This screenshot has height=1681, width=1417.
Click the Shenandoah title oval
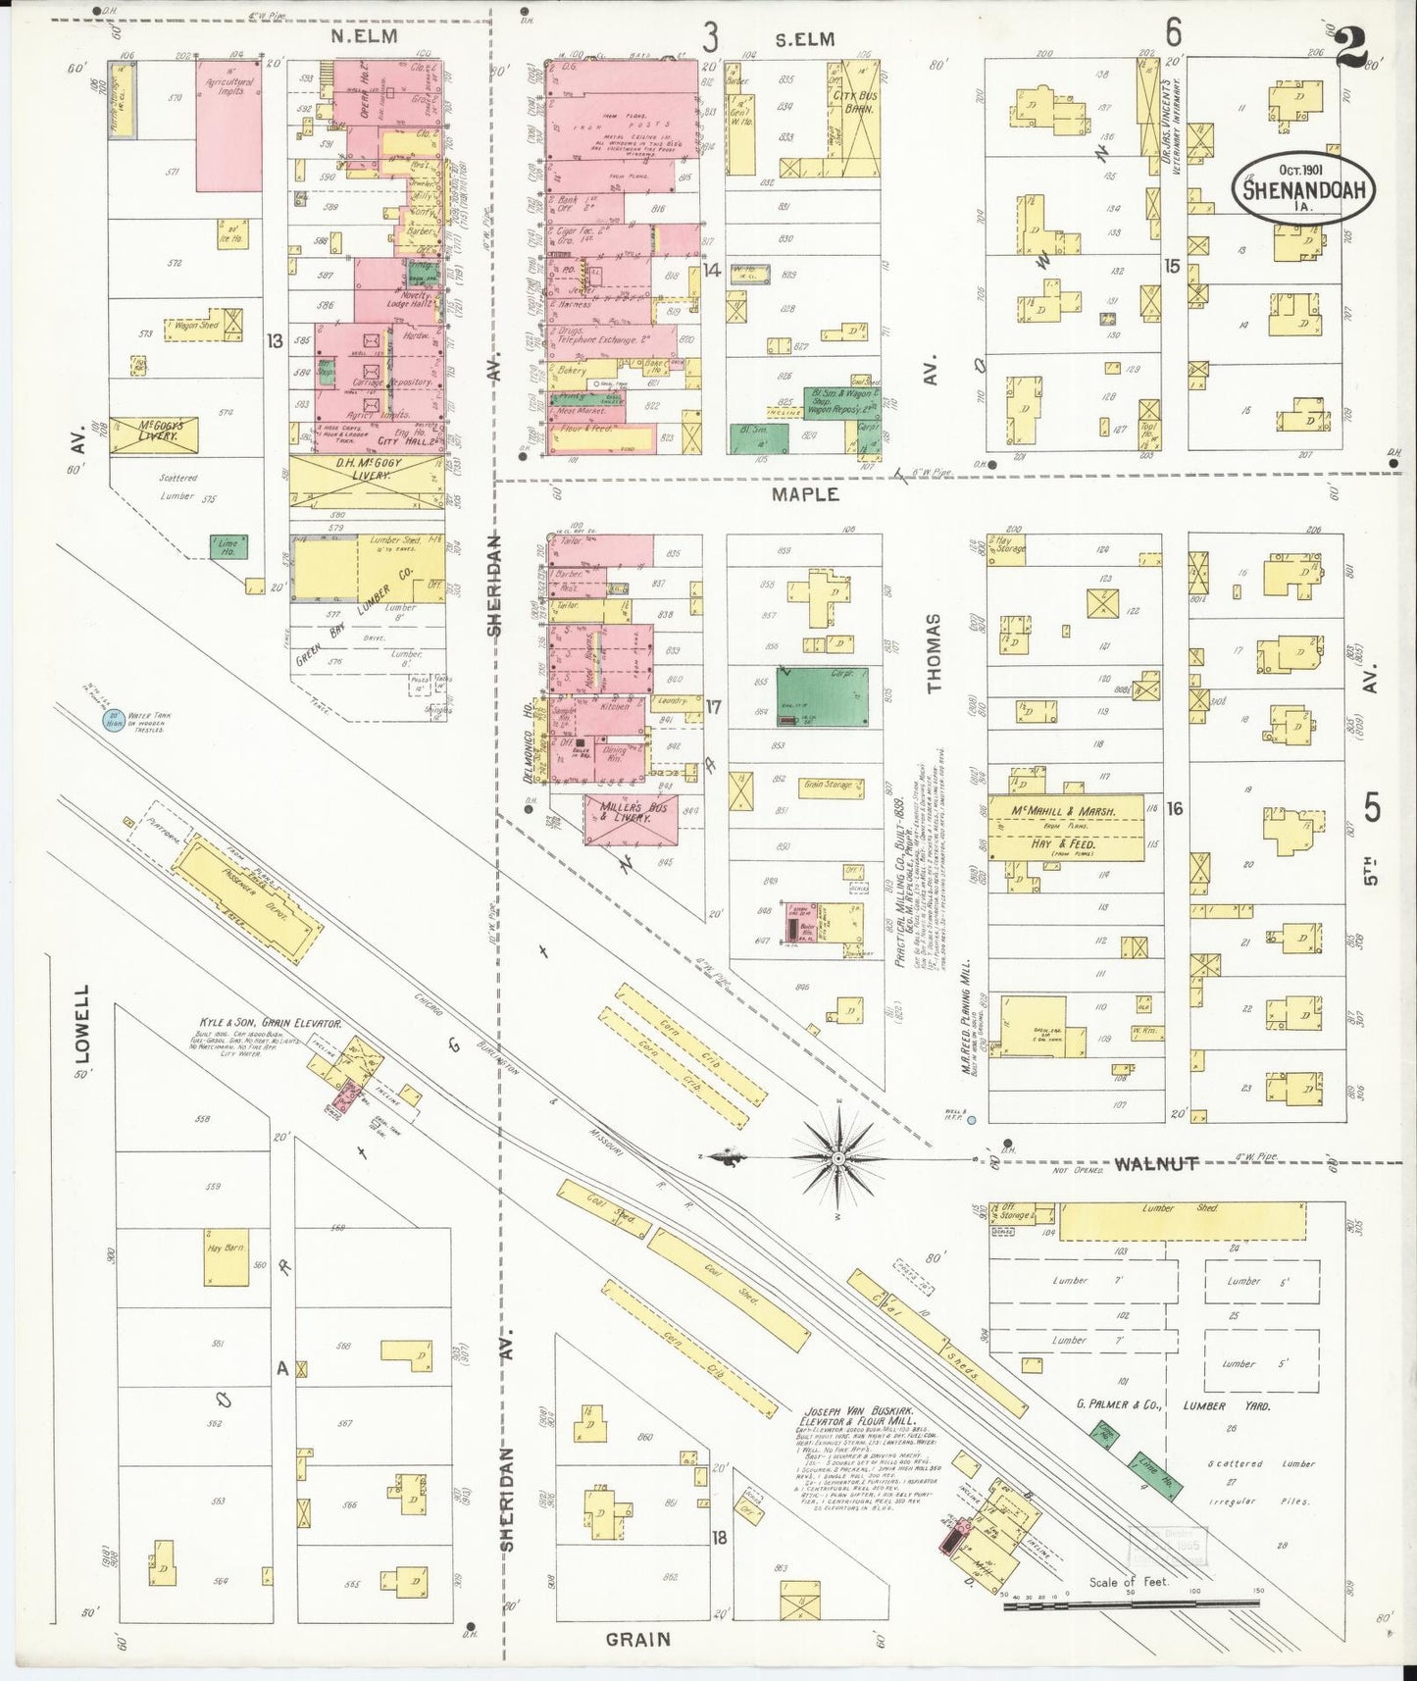click(1303, 188)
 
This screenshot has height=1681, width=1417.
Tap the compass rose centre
click(839, 1158)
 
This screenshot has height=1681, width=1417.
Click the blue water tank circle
click(116, 721)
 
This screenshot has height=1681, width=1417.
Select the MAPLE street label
click(805, 494)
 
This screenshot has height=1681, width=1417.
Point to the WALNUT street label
click(1156, 1164)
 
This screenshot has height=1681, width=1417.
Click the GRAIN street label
click(638, 1639)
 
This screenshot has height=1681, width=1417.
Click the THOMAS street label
click(933, 653)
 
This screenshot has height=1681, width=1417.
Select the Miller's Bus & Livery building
click(631, 818)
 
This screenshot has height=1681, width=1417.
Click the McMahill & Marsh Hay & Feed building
click(1065, 828)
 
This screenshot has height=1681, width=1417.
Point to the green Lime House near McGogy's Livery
click(228, 547)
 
